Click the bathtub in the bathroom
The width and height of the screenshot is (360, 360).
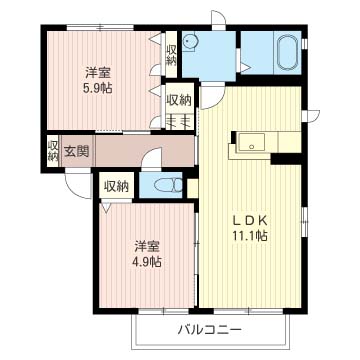[287, 53]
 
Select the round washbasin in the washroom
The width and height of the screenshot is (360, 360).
[191, 41]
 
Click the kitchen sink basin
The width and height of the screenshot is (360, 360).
[252, 143]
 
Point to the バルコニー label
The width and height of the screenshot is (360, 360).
[210, 330]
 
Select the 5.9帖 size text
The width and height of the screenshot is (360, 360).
[97, 88]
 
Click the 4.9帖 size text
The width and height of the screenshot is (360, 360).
[147, 262]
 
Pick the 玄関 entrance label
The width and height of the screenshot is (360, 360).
[77, 152]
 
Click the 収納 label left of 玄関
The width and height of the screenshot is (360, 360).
[53, 151]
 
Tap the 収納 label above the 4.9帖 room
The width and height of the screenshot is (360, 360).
[116, 187]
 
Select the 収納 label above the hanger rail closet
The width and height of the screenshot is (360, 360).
[179, 100]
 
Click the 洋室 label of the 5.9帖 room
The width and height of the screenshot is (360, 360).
[98, 73]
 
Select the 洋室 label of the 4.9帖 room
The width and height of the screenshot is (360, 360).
[147, 247]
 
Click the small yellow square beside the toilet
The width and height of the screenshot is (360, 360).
[193, 188]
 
